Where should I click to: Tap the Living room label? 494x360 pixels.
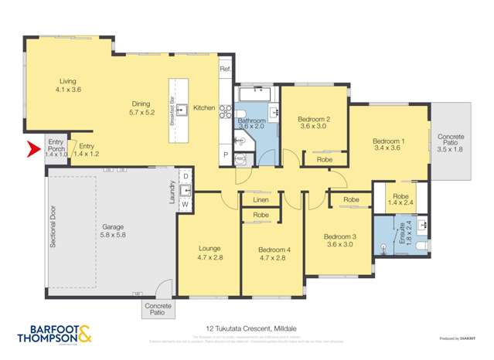pyautogui.click(x=69, y=85)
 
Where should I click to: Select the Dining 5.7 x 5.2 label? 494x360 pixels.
pyautogui.click(x=141, y=108)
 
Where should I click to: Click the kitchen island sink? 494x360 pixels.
pyautogui.click(x=182, y=109)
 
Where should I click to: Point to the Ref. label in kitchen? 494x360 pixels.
pyautogui.click(x=225, y=70)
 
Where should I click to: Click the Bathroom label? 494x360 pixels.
pyautogui.click(x=251, y=124)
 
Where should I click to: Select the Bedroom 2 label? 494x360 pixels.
pyautogui.click(x=313, y=123)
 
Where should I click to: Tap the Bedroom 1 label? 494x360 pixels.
pyautogui.click(x=387, y=144)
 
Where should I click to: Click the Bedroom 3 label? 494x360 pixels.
pyautogui.click(x=339, y=240)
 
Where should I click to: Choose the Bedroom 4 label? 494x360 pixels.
pyautogui.click(x=272, y=253)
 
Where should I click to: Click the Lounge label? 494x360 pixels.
pyautogui.click(x=209, y=253)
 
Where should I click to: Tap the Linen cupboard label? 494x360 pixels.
pyautogui.click(x=261, y=199)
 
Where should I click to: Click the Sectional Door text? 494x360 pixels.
pyautogui.click(x=53, y=226)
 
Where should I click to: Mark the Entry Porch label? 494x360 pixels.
pyautogui.click(x=56, y=147)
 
